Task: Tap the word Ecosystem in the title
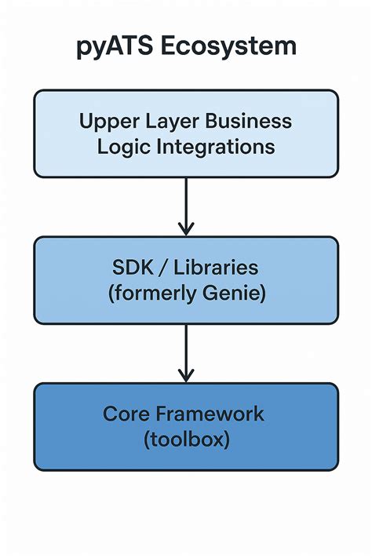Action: pyautogui.click(x=228, y=46)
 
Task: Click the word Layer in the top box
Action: pyautogui.click(x=170, y=121)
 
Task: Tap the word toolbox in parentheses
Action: pyautogui.click(x=186, y=439)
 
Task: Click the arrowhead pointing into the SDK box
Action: pyautogui.click(x=186, y=228)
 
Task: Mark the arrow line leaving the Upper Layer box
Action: pyautogui.click(x=186, y=200)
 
